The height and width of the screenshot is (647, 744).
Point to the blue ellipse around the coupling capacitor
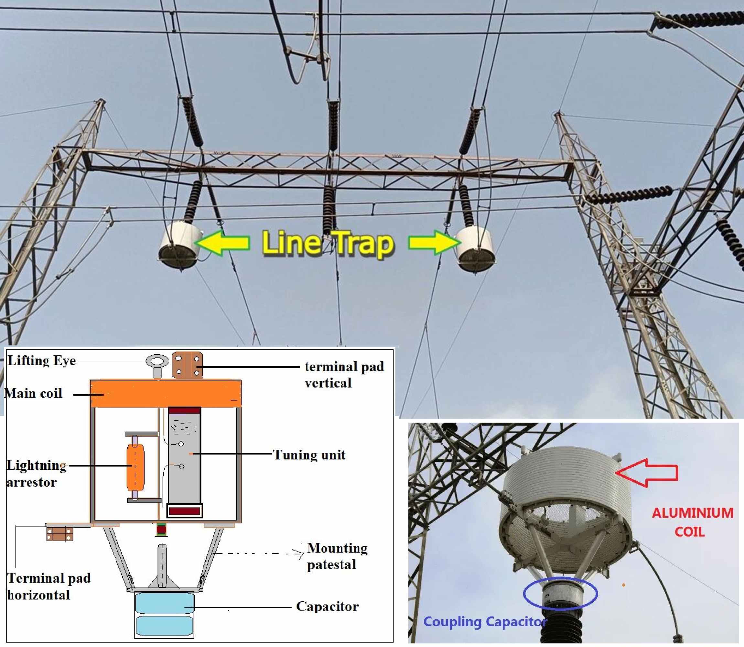pyautogui.click(x=560, y=594)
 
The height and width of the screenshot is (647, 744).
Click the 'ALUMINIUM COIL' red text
pyautogui.click(x=692, y=522)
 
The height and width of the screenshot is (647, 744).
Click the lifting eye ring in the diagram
pyautogui.click(x=157, y=361)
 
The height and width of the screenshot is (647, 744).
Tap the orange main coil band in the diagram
pyautogui.click(x=165, y=394)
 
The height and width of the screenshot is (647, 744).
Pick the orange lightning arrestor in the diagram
pyautogui.click(x=135, y=467)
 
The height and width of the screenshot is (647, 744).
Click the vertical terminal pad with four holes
pyautogui.click(x=187, y=365)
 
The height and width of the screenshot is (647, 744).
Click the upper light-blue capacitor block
pyautogui.click(x=164, y=603)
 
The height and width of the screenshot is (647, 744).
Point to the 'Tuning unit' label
pyautogui.click(x=309, y=455)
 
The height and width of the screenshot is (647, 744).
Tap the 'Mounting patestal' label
pyautogui.click(x=337, y=556)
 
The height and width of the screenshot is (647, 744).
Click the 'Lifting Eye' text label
pyautogui.click(x=41, y=361)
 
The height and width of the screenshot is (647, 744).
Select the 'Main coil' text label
pyautogui.click(x=34, y=393)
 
